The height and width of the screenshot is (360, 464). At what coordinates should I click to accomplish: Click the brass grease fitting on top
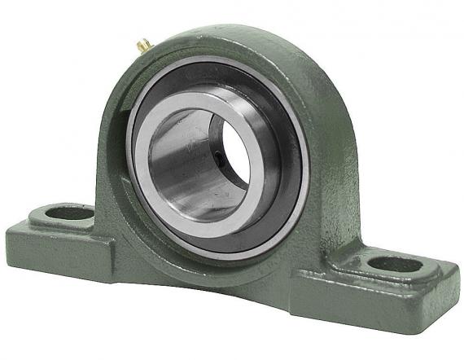[142, 46]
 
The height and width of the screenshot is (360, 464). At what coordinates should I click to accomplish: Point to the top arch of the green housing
[236, 41]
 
